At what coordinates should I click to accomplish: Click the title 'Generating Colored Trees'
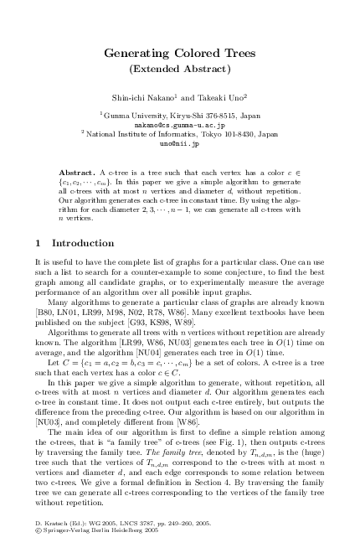click(180, 54)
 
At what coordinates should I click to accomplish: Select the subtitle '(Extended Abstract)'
click(180, 69)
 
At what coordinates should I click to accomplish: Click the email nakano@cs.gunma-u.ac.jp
click(180, 123)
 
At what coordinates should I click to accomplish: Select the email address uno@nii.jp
click(180, 144)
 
